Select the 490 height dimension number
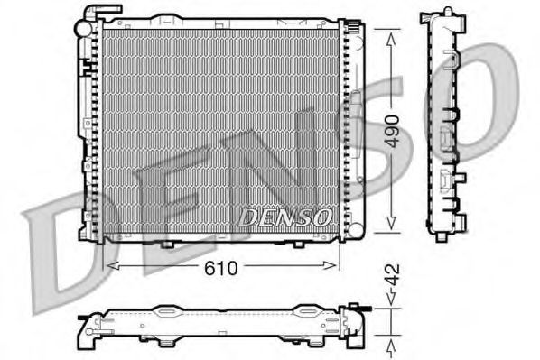tap(390, 133)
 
